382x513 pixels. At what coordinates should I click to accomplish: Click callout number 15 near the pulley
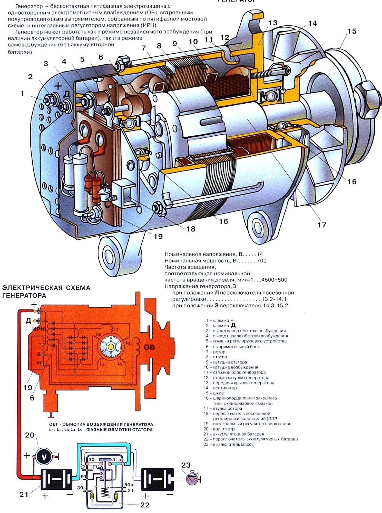point(352,31)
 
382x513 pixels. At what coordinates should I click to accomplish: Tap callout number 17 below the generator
point(322,225)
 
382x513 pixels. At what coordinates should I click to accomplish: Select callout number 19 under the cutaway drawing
point(158,236)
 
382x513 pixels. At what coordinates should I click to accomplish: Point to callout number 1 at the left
point(22,93)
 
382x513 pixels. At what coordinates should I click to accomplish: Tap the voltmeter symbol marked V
point(44,457)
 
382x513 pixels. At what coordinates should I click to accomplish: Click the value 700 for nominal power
point(261,261)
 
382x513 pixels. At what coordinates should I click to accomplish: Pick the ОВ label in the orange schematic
point(149,347)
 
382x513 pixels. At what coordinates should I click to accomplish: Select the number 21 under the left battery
point(24,495)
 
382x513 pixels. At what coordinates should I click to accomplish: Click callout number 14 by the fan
point(312,24)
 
